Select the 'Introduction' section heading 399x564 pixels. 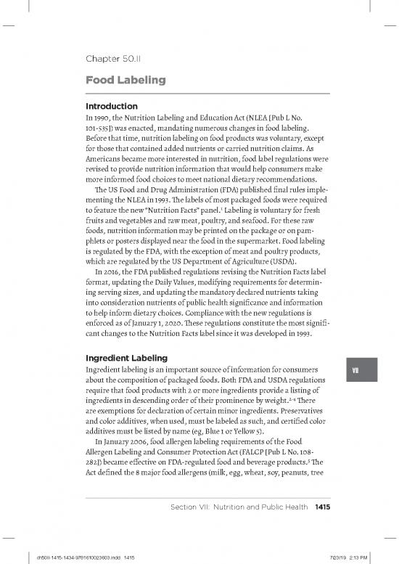coord(112,106)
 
